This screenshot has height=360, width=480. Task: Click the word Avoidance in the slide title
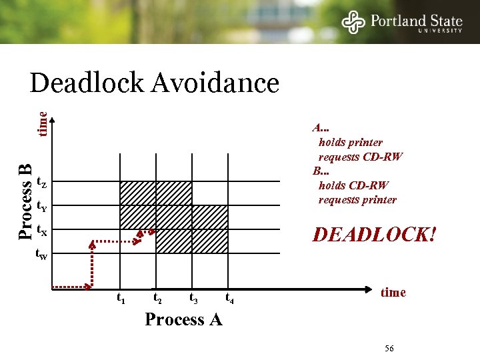[x=215, y=84]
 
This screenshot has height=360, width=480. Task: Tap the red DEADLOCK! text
[x=375, y=235]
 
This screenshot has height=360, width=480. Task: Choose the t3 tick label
[x=194, y=298]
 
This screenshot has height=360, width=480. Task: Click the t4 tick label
[x=230, y=298]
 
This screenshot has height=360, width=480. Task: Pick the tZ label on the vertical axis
[x=41, y=182]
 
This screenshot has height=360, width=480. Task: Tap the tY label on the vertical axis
[x=41, y=206]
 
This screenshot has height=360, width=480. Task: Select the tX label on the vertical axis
[x=41, y=231]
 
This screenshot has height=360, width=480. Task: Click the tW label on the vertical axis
[x=41, y=254]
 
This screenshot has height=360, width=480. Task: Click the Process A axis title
[x=183, y=319]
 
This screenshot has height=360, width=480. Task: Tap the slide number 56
[x=390, y=349]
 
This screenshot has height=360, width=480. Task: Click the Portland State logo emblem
[x=353, y=22]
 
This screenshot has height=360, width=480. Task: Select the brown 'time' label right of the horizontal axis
[x=393, y=292]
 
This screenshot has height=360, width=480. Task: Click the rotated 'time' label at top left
[x=42, y=124]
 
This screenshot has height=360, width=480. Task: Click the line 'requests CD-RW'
[x=361, y=157]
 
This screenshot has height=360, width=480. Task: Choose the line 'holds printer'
[x=351, y=143]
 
